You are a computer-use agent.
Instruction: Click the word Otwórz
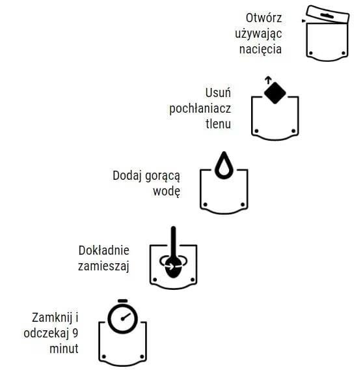point(263,18)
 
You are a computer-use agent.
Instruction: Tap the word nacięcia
point(262,49)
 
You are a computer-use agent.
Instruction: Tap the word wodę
point(167,192)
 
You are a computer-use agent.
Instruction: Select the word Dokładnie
point(104,250)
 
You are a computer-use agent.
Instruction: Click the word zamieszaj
point(104,266)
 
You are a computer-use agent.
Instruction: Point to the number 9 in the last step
point(75,334)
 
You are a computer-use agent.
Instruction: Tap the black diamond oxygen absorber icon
point(275,93)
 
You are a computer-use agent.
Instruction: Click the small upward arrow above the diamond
point(267,79)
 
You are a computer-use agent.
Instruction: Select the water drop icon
point(224,165)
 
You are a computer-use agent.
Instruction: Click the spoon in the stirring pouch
point(173,257)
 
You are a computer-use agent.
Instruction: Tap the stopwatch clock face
point(122,319)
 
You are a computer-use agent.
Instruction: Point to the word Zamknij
point(55,318)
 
